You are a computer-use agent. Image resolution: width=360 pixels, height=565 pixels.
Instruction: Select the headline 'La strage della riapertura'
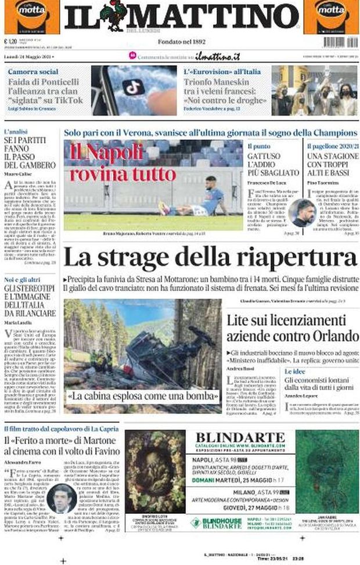210,258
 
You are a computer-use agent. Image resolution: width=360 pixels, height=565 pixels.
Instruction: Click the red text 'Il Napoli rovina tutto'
123,162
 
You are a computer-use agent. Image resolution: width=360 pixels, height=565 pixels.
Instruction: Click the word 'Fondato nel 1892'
182,42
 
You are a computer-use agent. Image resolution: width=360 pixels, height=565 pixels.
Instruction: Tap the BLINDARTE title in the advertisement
242,438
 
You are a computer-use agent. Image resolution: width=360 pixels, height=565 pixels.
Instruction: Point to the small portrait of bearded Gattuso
302,212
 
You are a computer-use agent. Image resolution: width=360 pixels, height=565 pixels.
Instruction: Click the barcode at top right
340,42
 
